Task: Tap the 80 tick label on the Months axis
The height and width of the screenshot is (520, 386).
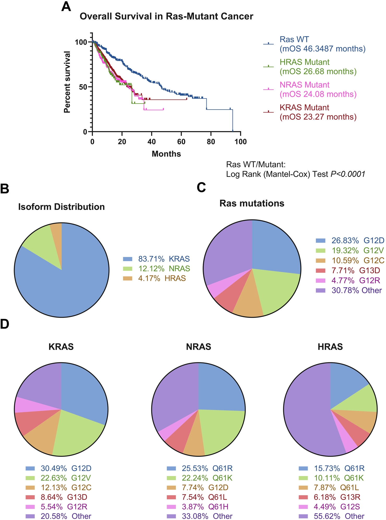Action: pos(211,142)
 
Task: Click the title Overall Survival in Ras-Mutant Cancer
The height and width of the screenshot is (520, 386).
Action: pos(166,16)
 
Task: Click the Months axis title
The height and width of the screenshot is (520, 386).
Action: pos(166,154)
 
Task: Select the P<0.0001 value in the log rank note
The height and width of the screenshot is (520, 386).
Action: pos(348,174)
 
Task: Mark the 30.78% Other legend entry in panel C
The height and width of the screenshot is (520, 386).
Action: pos(356,290)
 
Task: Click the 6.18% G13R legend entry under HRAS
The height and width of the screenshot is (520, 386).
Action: pos(337,497)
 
